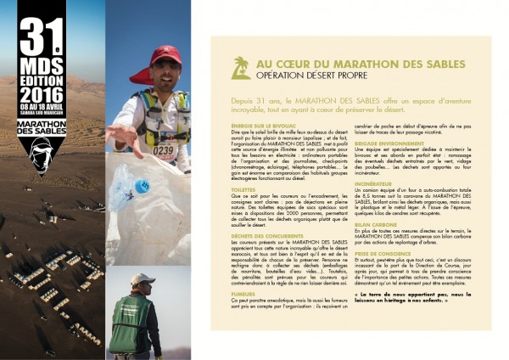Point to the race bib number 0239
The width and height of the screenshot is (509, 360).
coord(164,151)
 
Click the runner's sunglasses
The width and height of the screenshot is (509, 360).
coord(167,66)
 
